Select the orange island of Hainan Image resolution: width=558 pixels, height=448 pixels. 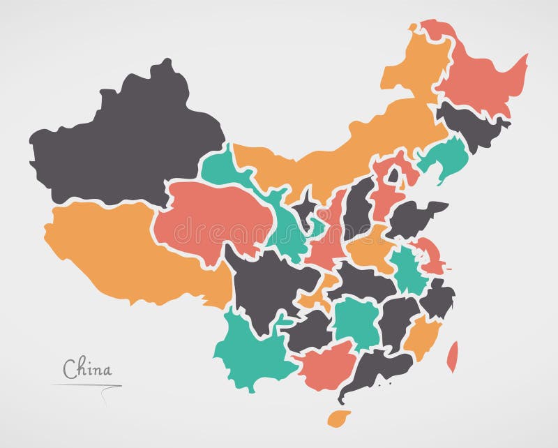point(339,418)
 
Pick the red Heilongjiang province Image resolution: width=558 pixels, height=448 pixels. point(481,80)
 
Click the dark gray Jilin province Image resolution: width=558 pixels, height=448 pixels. point(471,126)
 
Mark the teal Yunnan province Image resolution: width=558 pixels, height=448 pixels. point(248,349)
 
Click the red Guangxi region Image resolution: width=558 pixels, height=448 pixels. point(328,363)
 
